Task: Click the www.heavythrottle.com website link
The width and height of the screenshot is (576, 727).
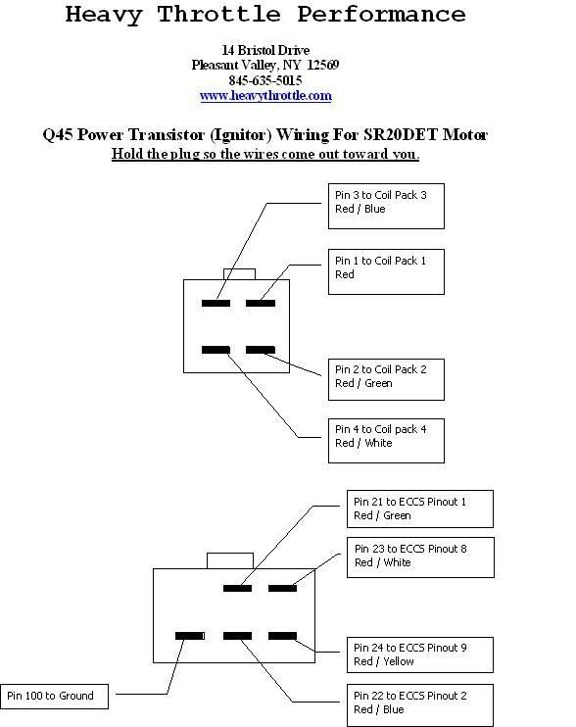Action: tap(265, 96)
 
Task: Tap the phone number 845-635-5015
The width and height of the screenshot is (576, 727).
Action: tap(265, 80)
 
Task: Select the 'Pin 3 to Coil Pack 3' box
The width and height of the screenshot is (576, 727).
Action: tap(386, 206)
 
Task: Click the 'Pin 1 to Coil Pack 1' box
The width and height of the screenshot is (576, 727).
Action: tap(386, 271)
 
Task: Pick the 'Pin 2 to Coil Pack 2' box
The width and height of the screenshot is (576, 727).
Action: tap(386, 379)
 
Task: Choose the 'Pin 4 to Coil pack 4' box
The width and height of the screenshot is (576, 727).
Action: tap(386, 441)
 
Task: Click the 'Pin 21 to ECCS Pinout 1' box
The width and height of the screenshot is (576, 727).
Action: tap(420, 509)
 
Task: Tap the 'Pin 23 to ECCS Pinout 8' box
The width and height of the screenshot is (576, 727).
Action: tap(420, 557)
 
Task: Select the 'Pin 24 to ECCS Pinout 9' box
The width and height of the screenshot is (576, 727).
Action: tap(420, 654)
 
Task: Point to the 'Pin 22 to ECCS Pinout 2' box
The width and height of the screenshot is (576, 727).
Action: tap(420, 704)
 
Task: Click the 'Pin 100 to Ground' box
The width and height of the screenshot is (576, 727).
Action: tap(54, 697)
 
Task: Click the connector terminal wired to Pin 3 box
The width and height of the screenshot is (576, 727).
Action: tap(216, 303)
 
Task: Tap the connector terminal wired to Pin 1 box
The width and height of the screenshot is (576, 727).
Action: tap(261, 303)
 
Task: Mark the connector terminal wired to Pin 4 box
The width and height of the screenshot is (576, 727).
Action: tap(216, 350)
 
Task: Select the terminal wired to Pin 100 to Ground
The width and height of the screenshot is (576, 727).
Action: tap(189, 636)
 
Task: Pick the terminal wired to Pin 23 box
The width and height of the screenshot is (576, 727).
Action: tap(282, 589)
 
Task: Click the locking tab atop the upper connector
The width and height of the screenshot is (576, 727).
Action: tap(239, 274)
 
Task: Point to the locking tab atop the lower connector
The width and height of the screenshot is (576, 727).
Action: tap(230, 560)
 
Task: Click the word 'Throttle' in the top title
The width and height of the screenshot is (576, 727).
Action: tap(218, 15)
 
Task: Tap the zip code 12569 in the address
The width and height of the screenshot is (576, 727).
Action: tap(323, 65)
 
